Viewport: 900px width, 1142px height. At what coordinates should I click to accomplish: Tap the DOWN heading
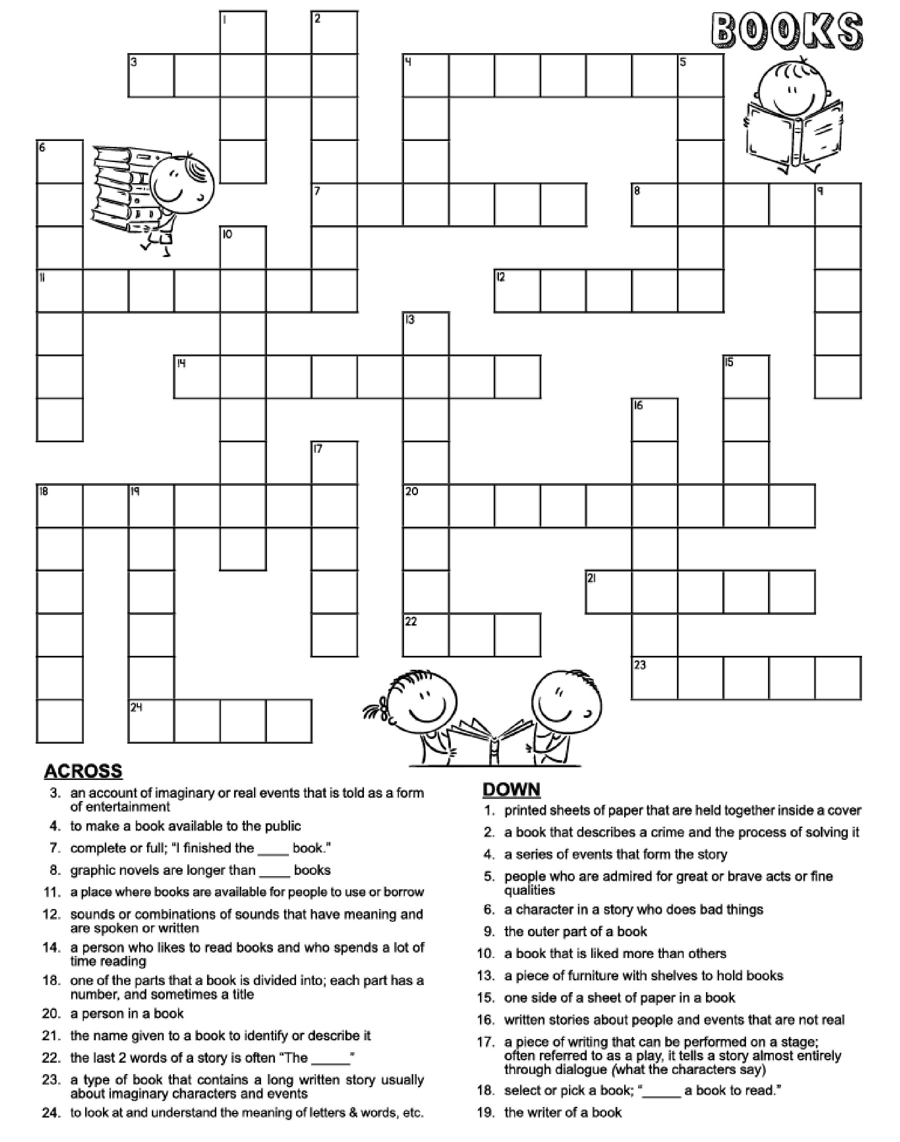(x=511, y=789)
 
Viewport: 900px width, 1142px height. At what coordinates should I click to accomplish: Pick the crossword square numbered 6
(x=59, y=161)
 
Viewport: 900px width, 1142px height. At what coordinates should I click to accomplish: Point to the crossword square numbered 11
(x=59, y=291)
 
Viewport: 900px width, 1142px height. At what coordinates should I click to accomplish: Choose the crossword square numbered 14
(x=197, y=377)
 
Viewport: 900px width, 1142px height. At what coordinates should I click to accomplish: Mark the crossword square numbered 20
(x=426, y=506)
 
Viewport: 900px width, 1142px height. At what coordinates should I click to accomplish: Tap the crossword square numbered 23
(x=654, y=678)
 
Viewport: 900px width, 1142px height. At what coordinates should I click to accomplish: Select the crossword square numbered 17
(x=334, y=463)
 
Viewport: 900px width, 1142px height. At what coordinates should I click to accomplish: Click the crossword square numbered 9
(x=838, y=205)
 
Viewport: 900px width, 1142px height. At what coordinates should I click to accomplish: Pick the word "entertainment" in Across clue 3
(x=120, y=806)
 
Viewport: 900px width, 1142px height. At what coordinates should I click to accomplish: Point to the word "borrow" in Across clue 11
(x=404, y=892)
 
